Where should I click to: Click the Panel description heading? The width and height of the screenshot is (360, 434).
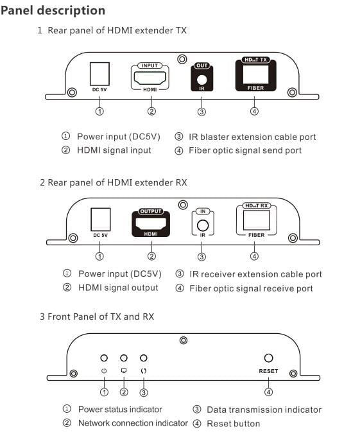coord(53,10)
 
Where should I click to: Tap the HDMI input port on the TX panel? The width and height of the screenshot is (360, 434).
coord(150,78)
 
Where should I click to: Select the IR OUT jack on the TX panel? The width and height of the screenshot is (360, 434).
coord(201,80)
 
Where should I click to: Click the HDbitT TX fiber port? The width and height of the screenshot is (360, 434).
coord(255,74)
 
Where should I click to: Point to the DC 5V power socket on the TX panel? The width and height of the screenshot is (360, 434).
coord(99,74)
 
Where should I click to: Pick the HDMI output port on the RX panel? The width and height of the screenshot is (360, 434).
coord(151,223)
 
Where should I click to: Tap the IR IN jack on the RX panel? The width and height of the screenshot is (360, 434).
coord(203,225)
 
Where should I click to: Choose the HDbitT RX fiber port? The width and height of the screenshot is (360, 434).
coord(257,220)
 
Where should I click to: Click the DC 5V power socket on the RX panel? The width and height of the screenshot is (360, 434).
coord(101,220)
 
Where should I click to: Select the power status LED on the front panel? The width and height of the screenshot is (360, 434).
coord(104,358)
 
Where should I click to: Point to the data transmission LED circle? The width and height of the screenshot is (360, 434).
coord(144,358)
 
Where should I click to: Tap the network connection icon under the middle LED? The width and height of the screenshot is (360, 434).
coord(124,370)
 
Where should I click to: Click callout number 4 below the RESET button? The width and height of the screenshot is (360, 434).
coord(268,392)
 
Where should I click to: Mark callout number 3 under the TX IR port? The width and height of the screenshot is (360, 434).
coord(201,112)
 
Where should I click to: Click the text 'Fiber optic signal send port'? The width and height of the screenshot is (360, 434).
coord(245,151)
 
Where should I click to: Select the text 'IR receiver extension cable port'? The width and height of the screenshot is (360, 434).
coord(255,274)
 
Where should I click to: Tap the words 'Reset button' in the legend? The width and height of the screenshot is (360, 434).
coord(234,424)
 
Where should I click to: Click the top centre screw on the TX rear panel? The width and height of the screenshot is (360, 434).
coord(182,59)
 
